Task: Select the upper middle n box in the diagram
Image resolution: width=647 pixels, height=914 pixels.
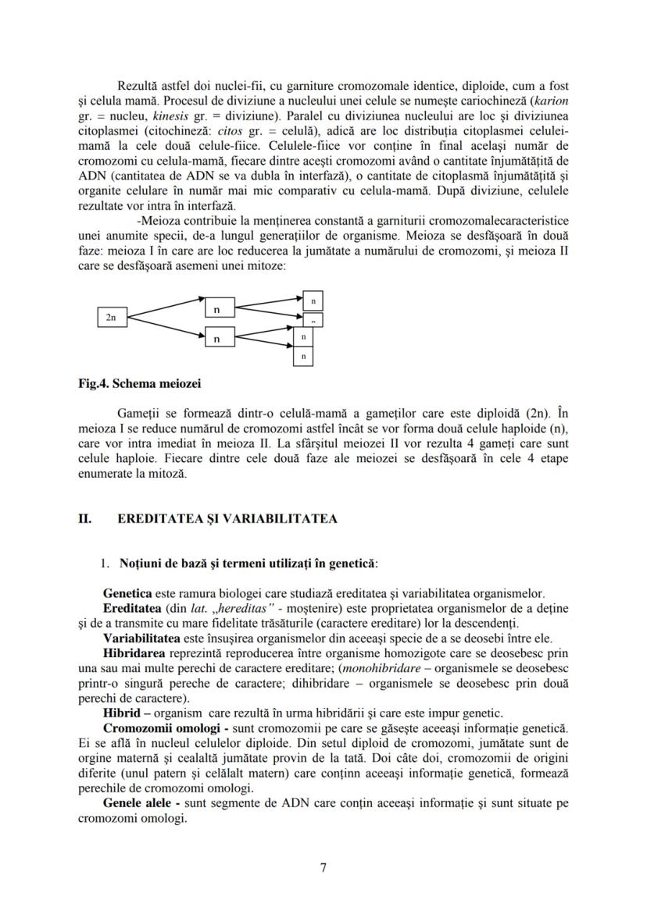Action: pyautogui.click(x=216, y=309)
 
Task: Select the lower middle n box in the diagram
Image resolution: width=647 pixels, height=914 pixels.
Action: pyautogui.click(x=216, y=338)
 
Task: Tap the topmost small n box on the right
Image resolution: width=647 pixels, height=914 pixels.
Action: pyautogui.click(x=313, y=300)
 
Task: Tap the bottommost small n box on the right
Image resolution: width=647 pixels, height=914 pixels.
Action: pyautogui.click(x=303, y=356)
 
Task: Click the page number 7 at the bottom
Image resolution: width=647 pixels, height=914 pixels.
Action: pyautogui.click(x=323, y=868)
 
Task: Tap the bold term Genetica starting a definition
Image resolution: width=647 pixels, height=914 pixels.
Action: pyautogui.click(x=127, y=593)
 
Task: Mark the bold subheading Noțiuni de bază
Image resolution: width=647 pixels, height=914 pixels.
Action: pyautogui.click(x=163, y=563)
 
